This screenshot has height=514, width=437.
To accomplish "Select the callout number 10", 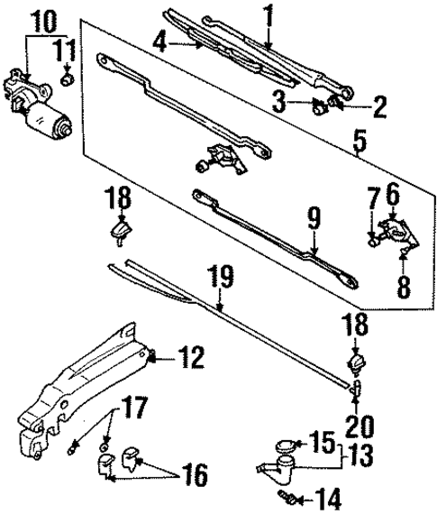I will click(x=42, y=18).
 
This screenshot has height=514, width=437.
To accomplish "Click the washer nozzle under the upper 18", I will click(x=120, y=233).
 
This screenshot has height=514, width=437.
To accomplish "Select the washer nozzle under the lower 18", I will click(x=356, y=363).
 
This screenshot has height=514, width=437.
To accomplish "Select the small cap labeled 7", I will click(x=371, y=239).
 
